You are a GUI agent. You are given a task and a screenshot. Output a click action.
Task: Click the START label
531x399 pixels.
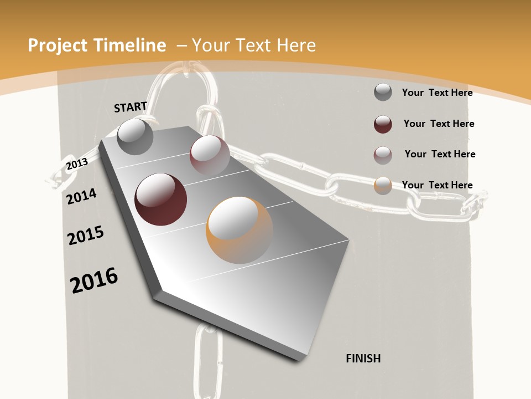click(131, 106)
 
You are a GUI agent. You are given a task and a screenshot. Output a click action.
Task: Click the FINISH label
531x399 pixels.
click(363, 359)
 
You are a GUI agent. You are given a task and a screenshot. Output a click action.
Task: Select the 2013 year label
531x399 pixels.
click(77, 163)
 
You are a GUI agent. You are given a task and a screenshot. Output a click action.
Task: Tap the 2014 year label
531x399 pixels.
click(82, 196)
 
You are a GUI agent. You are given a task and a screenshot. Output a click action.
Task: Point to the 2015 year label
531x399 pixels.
click(86, 236)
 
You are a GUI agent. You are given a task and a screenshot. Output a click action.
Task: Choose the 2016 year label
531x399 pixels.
click(94, 280)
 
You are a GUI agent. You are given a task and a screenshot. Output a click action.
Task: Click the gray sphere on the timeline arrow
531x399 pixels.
click(136, 136)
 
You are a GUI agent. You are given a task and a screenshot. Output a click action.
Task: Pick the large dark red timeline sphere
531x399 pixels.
click(161, 199)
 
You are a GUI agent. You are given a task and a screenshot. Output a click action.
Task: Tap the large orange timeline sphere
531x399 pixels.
click(240, 230)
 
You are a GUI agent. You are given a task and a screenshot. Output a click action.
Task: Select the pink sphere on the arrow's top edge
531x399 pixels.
click(210, 155)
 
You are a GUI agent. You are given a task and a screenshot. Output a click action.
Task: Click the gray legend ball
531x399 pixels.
click(383, 92)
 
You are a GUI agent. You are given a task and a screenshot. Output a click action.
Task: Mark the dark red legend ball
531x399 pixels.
click(383, 124)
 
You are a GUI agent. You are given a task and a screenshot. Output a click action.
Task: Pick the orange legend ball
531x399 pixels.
click(383, 186)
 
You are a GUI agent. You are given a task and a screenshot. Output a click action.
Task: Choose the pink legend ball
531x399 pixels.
click(383, 155)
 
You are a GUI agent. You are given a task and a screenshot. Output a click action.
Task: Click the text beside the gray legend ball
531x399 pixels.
click(437, 93)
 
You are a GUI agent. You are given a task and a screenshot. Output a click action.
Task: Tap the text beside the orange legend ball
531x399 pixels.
click(437, 185)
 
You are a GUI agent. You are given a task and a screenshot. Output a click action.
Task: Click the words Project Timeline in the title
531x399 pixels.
click(97, 45)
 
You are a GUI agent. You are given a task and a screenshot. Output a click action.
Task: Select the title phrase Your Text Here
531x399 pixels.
click(254, 45)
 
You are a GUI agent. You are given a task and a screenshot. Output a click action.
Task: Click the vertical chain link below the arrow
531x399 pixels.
click(207, 360)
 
